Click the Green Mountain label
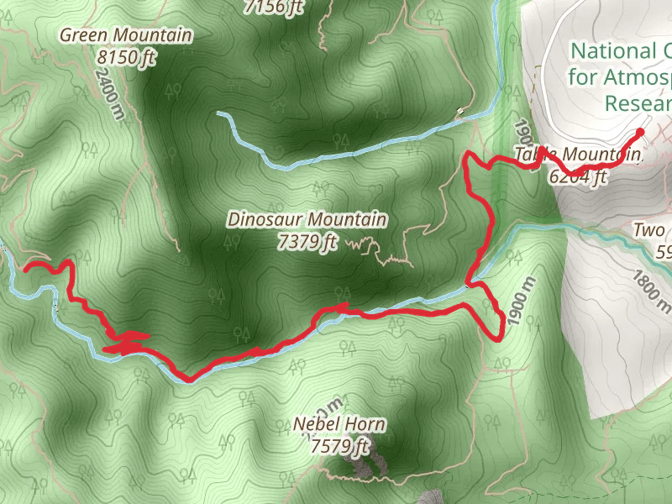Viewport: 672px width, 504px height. point(126,35)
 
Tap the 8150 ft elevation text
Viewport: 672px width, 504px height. point(126,58)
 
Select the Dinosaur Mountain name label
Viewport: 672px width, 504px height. point(307,220)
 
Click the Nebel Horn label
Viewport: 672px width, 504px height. point(339,424)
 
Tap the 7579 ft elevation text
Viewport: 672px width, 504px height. point(339,446)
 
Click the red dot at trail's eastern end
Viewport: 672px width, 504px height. point(640,132)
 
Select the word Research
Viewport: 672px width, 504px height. point(637,102)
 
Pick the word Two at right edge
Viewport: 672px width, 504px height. point(649,230)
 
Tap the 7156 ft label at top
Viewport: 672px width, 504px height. point(273,8)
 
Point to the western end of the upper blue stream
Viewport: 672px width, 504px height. point(218,113)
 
